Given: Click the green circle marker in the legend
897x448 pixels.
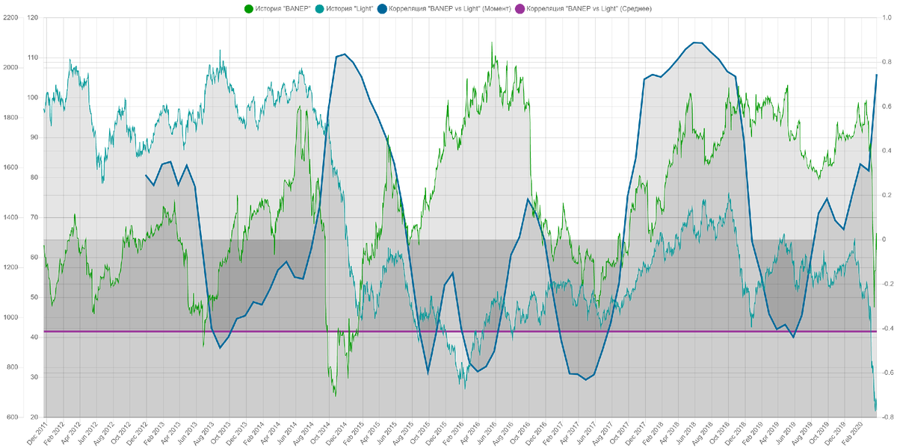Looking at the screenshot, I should tap(249, 9).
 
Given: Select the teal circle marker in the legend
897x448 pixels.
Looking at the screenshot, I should tap(318, 9).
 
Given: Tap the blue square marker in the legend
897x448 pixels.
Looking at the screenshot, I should tap(382, 9).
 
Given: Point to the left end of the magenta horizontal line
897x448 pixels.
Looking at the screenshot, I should tap(43, 331).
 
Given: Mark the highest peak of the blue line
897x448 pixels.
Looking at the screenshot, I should tap(695, 42).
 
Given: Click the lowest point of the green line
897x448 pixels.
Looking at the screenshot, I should tap(335, 395).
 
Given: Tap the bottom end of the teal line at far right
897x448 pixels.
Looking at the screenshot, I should tap(876, 408).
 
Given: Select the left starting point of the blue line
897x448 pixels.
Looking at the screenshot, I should tap(146, 175).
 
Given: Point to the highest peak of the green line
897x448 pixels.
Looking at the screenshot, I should tap(491, 41).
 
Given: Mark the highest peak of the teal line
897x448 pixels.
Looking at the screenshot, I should tap(220, 49).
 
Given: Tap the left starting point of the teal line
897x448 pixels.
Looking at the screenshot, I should tap(43, 111).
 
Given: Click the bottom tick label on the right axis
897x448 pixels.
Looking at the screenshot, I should tap(887, 416).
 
